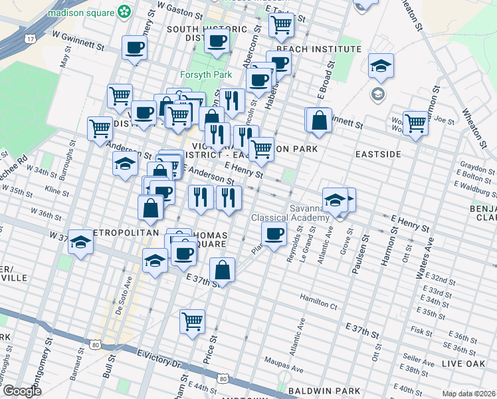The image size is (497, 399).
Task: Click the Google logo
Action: (21, 390)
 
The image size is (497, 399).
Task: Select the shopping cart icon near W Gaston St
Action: (282, 25)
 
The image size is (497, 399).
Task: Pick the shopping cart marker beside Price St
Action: (192, 321)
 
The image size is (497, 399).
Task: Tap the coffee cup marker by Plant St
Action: (274, 233)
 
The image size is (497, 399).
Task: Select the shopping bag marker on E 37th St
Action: (222, 269)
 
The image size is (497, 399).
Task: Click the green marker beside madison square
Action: (124, 11)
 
